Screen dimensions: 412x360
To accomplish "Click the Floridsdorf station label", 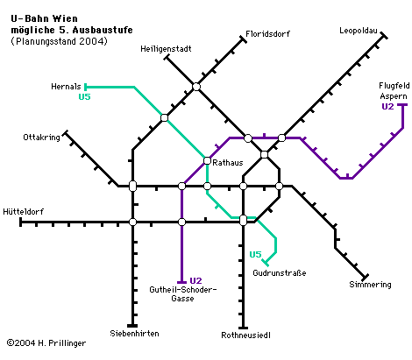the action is pyautogui.click(x=267, y=34).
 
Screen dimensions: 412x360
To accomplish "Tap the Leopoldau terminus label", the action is pyautogui.click(x=359, y=31).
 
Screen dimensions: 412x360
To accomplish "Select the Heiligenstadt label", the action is pyautogui.click(x=166, y=49).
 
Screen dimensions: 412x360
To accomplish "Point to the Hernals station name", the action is pyautogui.click(x=66, y=87).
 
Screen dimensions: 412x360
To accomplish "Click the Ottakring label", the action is pyautogui.click(x=41, y=138).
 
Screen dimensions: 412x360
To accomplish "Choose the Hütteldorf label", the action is pyautogui.click(x=24, y=211).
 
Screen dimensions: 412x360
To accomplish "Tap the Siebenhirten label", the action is pyautogui.click(x=134, y=334).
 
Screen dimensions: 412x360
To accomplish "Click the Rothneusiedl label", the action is pyautogui.click(x=245, y=335).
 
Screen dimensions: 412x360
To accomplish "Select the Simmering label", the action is pyautogui.click(x=370, y=285).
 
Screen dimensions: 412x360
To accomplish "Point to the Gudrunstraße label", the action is pyautogui.click(x=280, y=273).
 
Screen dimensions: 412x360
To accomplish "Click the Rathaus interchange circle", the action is pyautogui.click(x=207, y=160).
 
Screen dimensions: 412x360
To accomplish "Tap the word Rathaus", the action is pyautogui.click(x=228, y=163).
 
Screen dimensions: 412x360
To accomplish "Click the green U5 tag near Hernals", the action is pyautogui.click(x=85, y=96).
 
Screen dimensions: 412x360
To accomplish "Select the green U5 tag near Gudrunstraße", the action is pyautogui.click(x=255, y=255).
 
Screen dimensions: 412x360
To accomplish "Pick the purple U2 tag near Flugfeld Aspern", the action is pyautogui.click(x=387, y=107).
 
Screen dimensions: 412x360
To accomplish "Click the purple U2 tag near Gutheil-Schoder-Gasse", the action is pyautogui.click(x=195, y=281).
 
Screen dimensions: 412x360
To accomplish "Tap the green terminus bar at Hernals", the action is pyautogui.click(x=85, y=87).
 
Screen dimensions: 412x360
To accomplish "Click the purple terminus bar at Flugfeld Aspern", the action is pyautogui.click(x=403, y=104).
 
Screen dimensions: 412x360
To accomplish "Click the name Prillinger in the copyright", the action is pyautogui.click(x=67, y=343).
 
